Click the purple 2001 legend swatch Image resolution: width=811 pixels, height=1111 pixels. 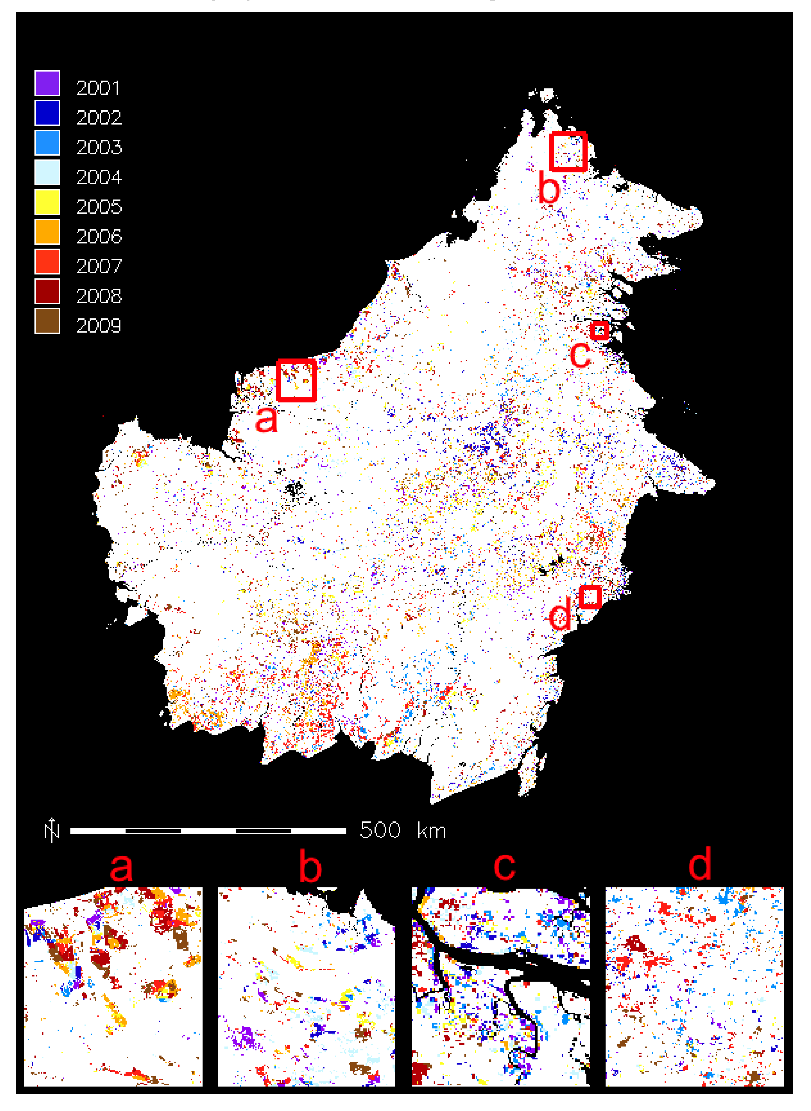point(47,83)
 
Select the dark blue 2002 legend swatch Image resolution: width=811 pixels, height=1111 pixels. point(47,113)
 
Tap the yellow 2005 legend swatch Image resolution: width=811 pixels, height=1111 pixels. point(47,202)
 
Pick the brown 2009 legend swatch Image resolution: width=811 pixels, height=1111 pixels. point(47,321)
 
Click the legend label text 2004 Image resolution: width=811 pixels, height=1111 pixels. point(99,177)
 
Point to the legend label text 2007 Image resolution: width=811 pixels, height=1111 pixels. point(99,266)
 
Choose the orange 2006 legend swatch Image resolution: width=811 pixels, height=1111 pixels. point(47,232)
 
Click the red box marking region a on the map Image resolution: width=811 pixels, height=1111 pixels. point(296,380)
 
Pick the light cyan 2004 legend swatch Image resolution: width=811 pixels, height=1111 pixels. point(47,172)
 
